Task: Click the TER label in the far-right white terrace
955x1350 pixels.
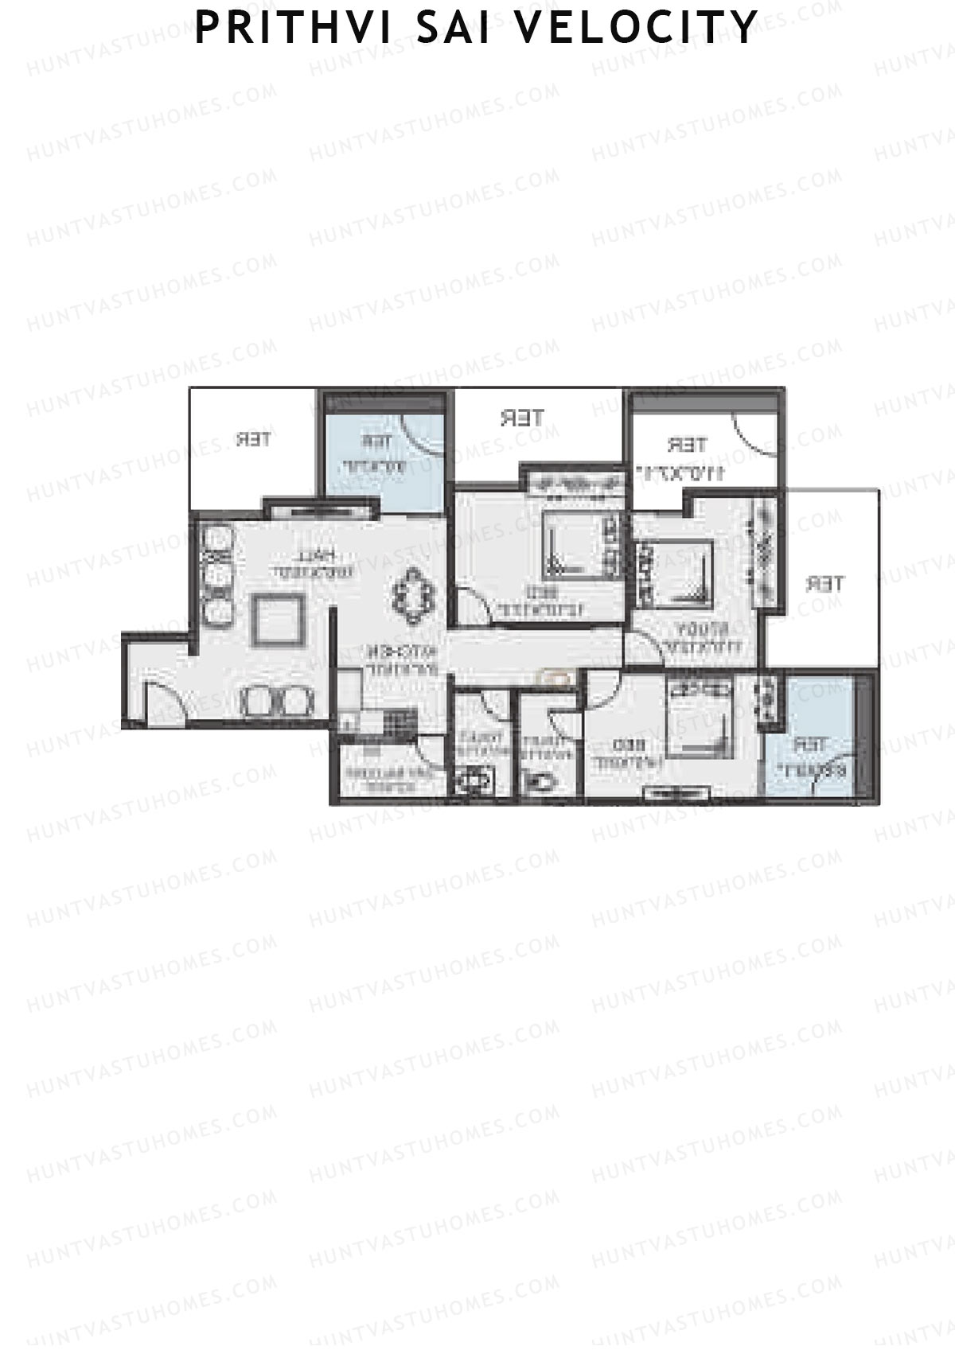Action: pos(824,584)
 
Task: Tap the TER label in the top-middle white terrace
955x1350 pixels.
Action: pos(522,417)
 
